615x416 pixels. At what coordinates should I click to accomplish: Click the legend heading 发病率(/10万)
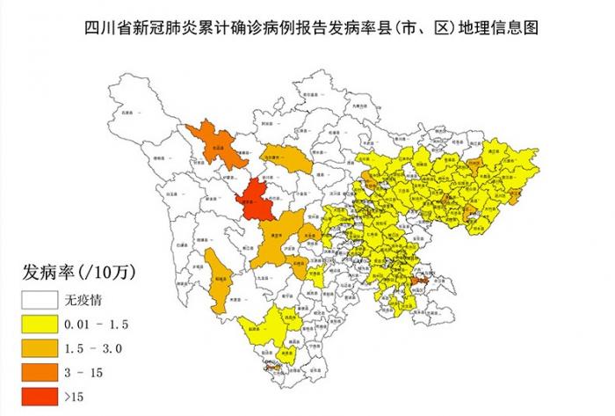[x=79, y=269]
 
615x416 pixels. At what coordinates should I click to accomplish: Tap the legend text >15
[x=76, y=397]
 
